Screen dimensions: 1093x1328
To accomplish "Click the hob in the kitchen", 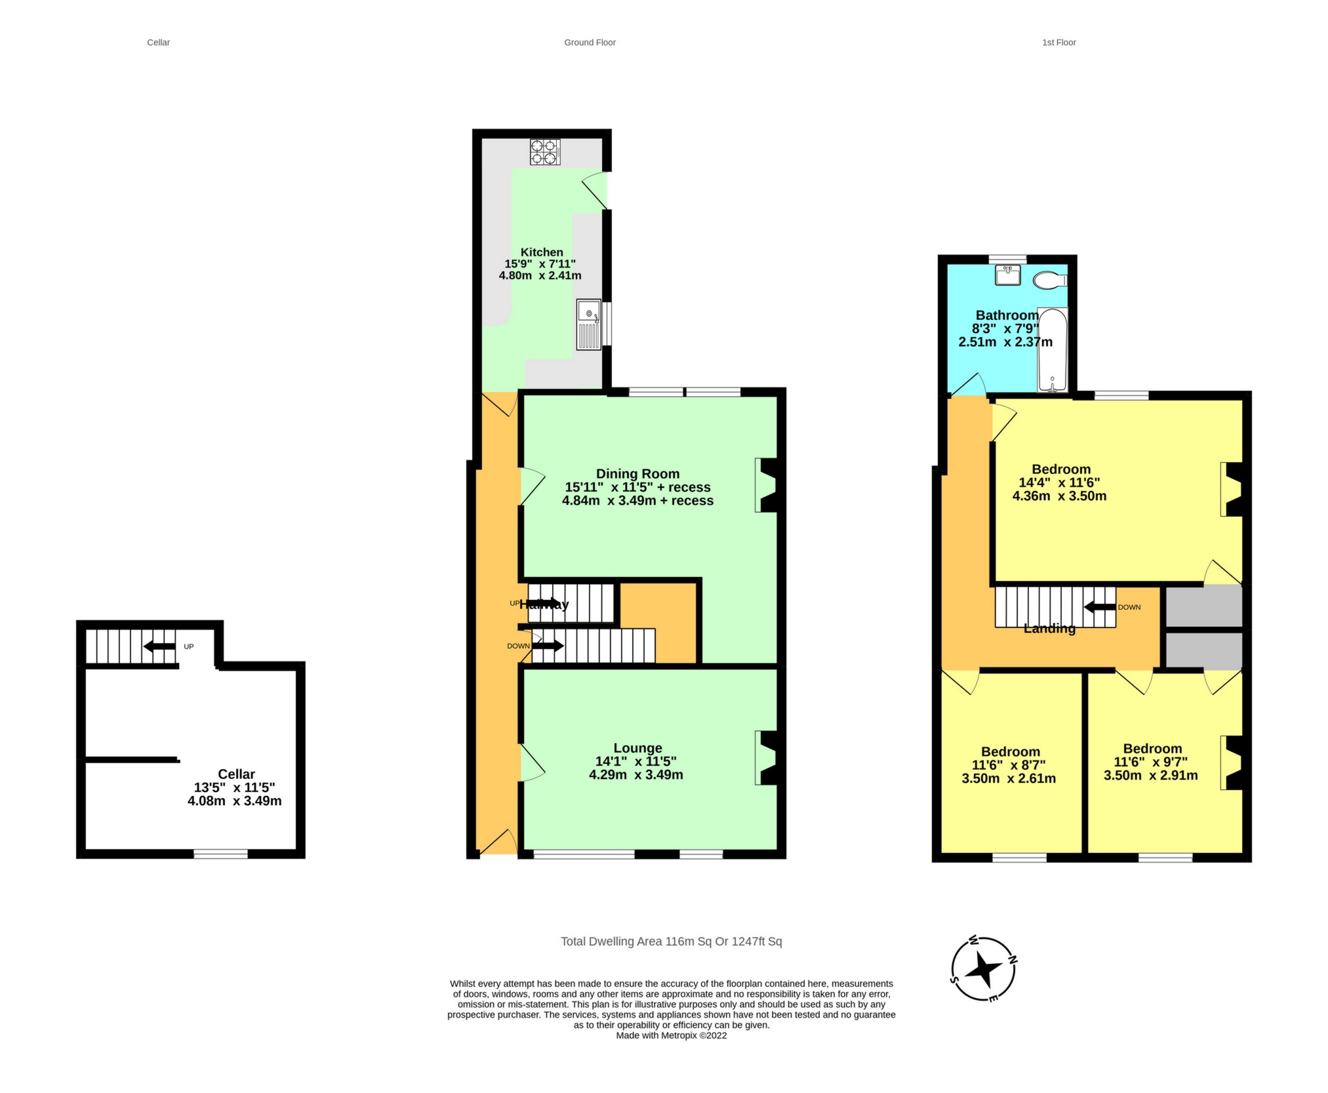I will click(x=544, y=152).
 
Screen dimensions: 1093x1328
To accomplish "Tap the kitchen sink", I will click(x=588, y=324).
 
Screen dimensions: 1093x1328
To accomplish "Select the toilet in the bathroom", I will click(x=1049, y=281).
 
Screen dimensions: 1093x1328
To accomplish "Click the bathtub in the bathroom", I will click(x=1052, y=350).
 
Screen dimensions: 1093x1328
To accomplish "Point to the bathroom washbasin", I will click(x=1007, y=275).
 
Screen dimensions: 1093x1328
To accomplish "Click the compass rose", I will click(x=983, y=968).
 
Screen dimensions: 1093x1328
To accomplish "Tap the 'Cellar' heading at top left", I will click(x=158, y=43).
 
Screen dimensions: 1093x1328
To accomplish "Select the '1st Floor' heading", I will click(x=1058, y=43).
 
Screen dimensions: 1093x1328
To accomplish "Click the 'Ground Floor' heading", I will click(x=590, y=43).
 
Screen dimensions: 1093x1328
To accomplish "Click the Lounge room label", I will click(x=637, y=748).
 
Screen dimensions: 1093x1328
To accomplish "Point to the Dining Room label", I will click(x=637, y=473).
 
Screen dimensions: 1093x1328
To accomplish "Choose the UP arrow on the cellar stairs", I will click(x=159, y=646).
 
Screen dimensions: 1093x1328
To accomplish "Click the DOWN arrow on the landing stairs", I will click(x=1100, y=607).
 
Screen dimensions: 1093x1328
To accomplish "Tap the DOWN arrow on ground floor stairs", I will click(x=548, y=646).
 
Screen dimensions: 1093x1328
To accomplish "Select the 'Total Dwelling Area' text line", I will click(x=671, y=942).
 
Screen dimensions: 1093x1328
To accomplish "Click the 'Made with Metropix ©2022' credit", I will click(x=671, y=1035).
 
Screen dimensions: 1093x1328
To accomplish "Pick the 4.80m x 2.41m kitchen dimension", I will click(x=540, y=275).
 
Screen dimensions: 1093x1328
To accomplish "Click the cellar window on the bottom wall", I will click(x=220, y=854).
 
